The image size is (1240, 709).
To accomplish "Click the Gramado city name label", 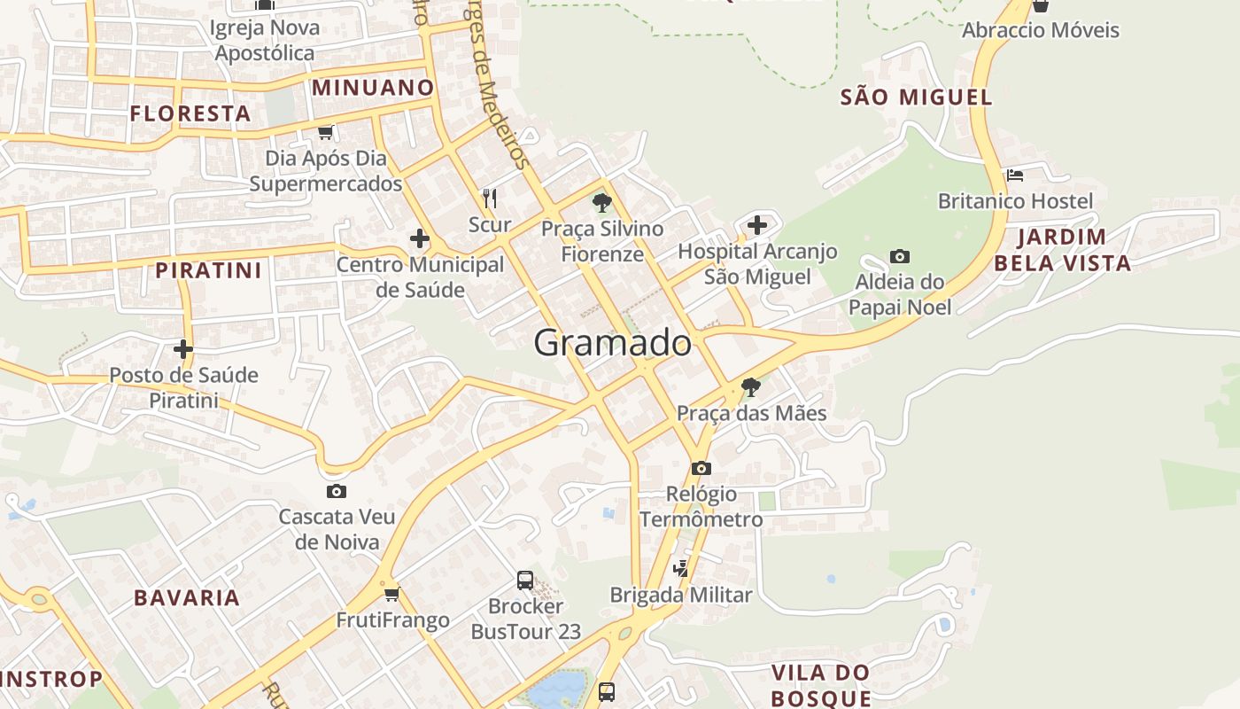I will click(612, 343).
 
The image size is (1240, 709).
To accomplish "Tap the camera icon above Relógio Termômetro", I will click(701, 468).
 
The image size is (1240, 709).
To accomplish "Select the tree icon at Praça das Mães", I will click(750, 386).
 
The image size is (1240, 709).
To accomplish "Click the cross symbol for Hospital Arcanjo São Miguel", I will click(756, 225).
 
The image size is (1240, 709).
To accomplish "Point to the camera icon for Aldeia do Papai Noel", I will click(900, 257).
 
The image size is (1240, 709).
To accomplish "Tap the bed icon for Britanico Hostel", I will click(1015, 175).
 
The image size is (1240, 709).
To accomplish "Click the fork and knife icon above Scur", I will click(489, 198).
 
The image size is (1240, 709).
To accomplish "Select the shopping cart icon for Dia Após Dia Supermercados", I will click(325, 133).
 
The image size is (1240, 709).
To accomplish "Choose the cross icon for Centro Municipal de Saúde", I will click(419, 238).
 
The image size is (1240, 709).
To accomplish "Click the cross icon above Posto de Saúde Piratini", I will click(183, 349).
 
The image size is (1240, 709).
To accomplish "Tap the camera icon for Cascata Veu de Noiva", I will click(336, 491).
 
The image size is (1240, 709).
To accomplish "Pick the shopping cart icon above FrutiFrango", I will click(391, 594).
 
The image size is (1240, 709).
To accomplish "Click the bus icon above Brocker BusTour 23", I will click(525, 580).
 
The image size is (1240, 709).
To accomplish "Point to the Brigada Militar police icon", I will click(681, 569).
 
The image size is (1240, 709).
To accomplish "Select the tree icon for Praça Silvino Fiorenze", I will click(602, 203).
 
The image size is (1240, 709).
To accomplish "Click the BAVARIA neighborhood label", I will click(187, 597).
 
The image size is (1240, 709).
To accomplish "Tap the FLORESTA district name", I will click(190, 113).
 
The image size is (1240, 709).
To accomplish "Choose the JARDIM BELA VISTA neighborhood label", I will click(1062, 250).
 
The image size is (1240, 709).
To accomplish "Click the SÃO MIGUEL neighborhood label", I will click(916, 97).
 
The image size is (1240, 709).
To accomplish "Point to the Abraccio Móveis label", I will click(1041, 30).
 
